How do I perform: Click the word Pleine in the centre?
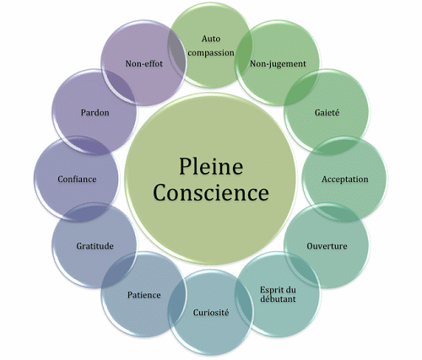click(x=211, y=166)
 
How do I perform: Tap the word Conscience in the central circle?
click(x=211, y=192)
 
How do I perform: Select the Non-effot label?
click(x=144, y=63)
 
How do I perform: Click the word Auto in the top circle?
click(x=211, y=39)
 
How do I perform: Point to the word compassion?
click(x=211, y=52)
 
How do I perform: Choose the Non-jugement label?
click(x=278, y=64)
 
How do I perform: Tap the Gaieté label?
click(x=327, y=112)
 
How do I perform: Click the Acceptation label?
click(x=345, y=180)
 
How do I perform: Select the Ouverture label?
click(x=327, y=246)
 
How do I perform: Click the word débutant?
click(x=278, y=298)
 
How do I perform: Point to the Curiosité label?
click(x=211, y=313)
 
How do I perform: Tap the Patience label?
click(x=144, y=295)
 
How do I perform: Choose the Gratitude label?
click(x=95, y=246)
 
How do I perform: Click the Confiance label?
click(x=77, y=179)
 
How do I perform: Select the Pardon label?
click(x=95, y=113)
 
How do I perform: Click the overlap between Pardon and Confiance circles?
click(x=86, y=146)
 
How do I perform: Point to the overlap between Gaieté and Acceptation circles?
click(x=336, y=146)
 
